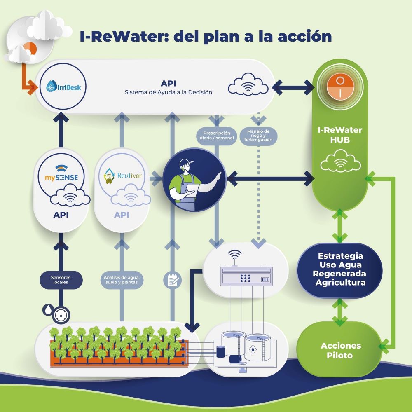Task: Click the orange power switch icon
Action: click(x=340, y=87)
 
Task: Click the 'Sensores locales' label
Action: click(x=61, y=281)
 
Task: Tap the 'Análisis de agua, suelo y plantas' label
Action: click(x=121, y=281)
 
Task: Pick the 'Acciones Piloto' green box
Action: click(x=340, y=350)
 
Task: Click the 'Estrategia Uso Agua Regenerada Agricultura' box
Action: click(x=339, y=269)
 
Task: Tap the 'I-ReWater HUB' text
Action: click(x=340, y=135)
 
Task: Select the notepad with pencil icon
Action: click(x=172, y=280)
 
